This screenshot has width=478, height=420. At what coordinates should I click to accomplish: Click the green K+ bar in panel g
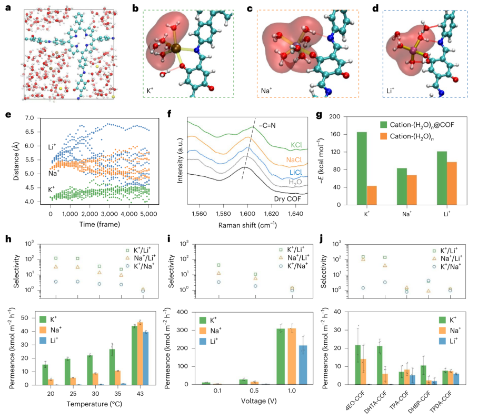click(362, 168)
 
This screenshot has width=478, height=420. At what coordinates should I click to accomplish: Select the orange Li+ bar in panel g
click(452, 183)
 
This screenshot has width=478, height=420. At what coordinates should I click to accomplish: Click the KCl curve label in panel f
click(296, 145)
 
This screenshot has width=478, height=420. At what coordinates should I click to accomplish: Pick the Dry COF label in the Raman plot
click(287, 199)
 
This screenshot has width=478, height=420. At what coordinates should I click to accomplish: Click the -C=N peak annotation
click(267, 125)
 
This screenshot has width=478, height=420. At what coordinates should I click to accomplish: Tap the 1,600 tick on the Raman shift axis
click(247, 214)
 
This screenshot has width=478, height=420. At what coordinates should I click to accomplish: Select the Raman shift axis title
click(247, 225)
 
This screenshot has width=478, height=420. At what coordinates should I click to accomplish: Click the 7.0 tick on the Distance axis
click(29, 118)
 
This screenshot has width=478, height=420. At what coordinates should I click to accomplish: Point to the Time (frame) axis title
click(99, 224)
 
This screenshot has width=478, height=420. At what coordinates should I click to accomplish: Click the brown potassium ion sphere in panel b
click(175, 48)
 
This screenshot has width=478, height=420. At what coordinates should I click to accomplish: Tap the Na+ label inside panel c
click(266, 91)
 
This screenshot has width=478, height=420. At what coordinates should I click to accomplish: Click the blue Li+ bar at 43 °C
click(145, 358)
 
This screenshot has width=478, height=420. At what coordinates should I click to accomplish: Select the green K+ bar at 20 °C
click(45, 375)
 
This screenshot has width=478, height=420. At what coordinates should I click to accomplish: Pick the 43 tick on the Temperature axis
click(140, 394)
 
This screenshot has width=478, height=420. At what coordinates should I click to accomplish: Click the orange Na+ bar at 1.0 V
click(292, 356)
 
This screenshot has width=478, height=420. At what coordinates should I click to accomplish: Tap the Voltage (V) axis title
click(259, 401)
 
